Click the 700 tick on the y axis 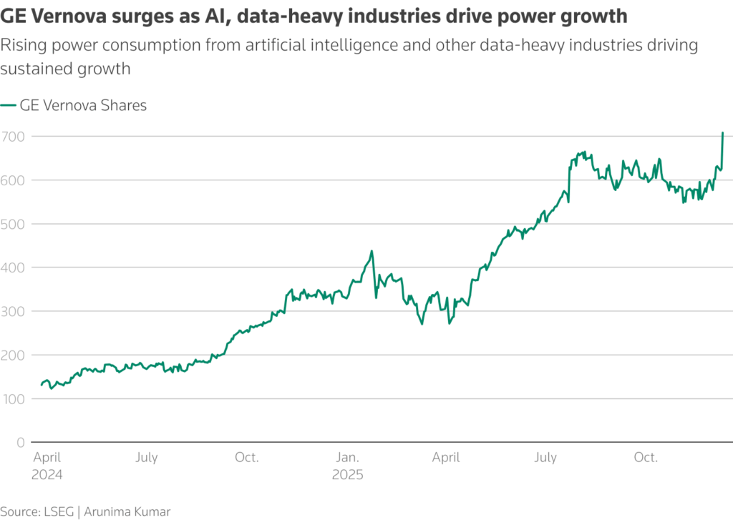12,136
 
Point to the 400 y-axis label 12,268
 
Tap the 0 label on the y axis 20,443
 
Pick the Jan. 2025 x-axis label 348,466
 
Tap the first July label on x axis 146,458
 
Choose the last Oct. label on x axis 646,458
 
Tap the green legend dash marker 8,106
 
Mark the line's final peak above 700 722,133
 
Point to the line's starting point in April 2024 42,385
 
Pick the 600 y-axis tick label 12,180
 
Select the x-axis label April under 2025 446,458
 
